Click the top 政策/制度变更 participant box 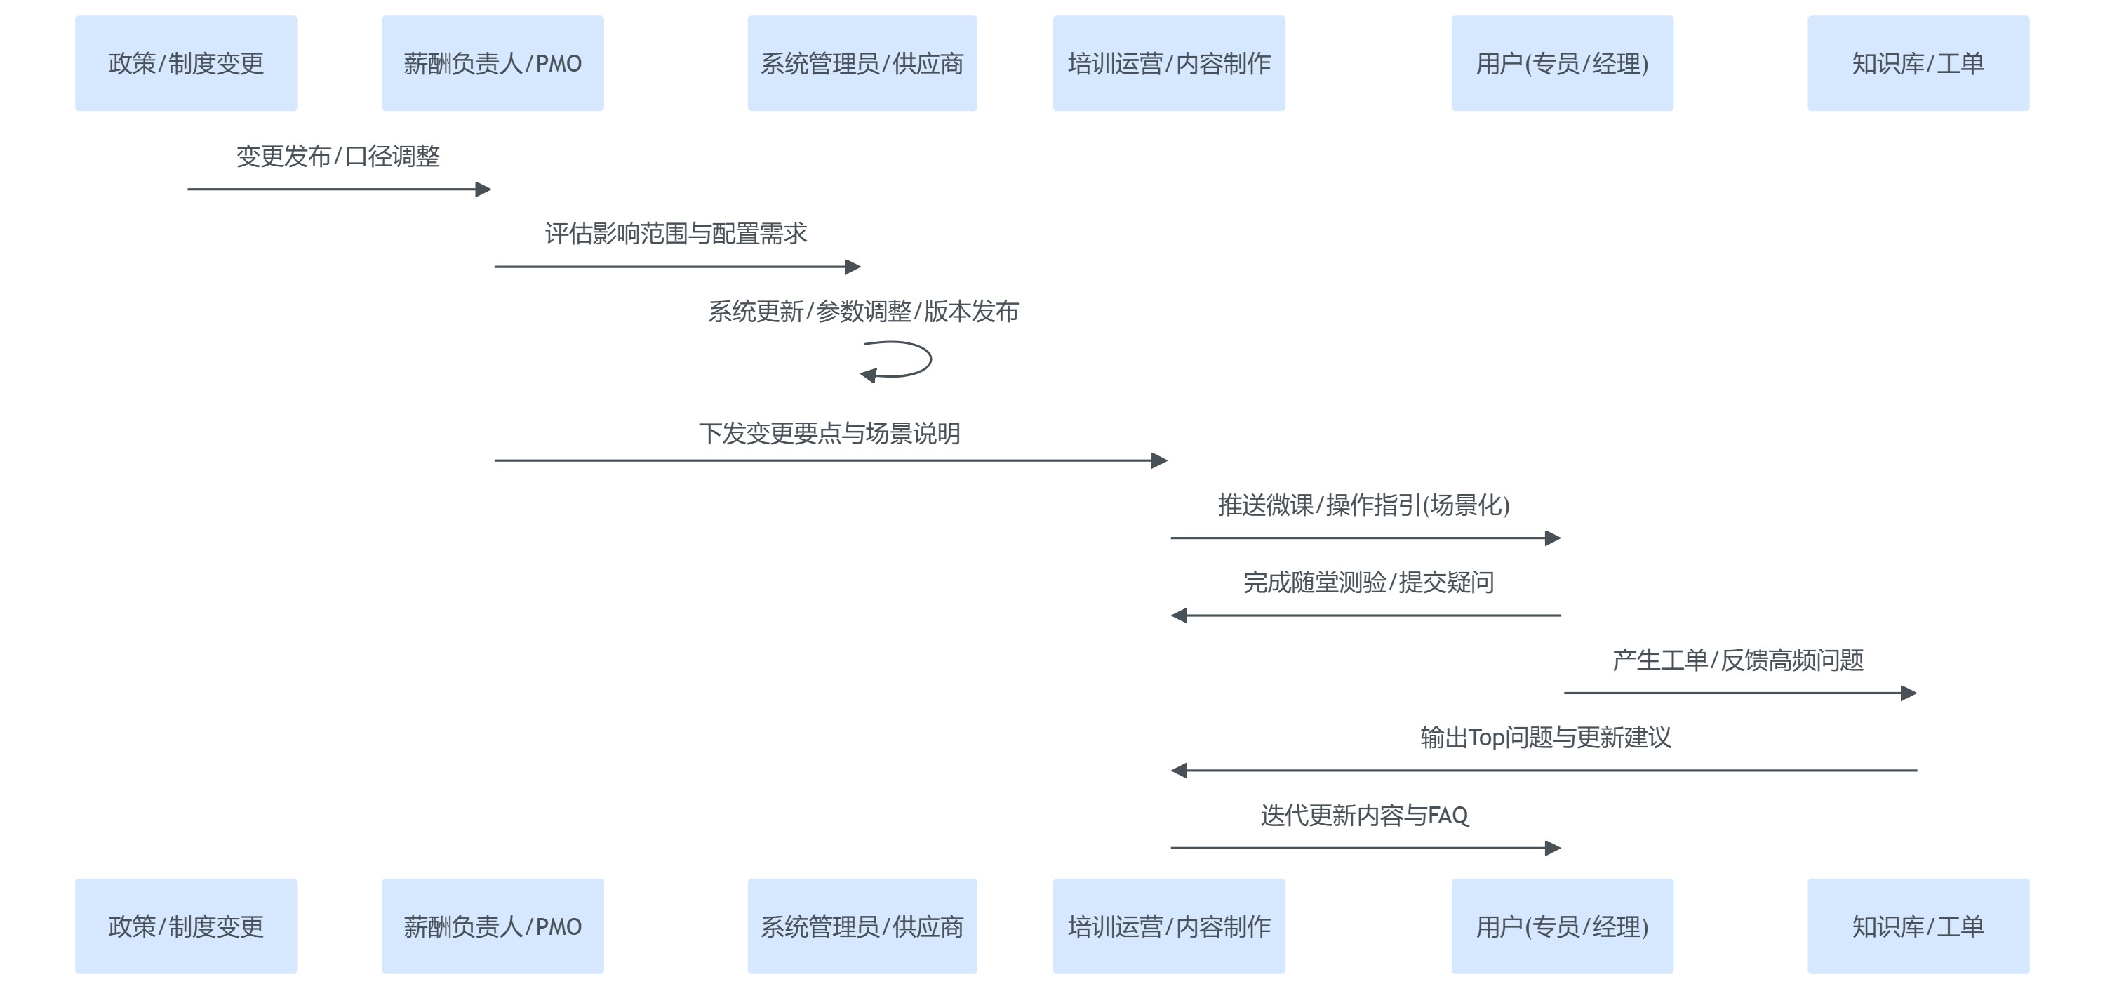click(x=185, y=63)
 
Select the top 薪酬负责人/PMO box click(x=492, y=63)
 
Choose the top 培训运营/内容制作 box click(x=1168, y=63)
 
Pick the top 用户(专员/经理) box click(x=1562, y=63)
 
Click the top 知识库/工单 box click(x=1918, y=63)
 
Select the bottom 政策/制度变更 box click(x=185, y=926)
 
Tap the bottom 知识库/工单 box click(x=1918, y=926)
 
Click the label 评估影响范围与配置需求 click(x=676, y=234)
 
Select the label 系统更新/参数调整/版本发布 click(x=863, y=312)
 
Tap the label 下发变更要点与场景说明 click(x=829, y=433)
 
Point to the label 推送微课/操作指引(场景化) click(x=1363, y=505)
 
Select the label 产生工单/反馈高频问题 click(x=1737, y=660)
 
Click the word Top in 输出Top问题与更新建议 click(x=1486, y=738)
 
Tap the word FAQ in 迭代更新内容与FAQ click(x=1448, y=816)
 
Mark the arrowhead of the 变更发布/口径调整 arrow click(x=483, y=189)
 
